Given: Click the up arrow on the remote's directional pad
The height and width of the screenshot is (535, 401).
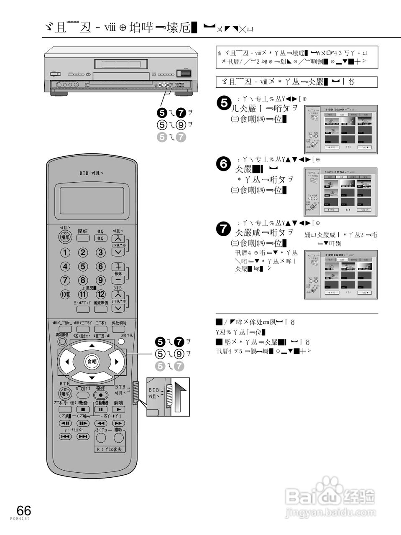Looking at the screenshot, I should coord(92,346).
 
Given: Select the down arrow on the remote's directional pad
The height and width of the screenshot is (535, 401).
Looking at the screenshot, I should coord(92,378).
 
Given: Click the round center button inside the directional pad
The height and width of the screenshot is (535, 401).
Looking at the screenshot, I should coord(92,362).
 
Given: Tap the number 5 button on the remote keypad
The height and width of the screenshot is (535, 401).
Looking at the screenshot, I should coord(83,266).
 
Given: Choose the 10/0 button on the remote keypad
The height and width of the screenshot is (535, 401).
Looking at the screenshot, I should coord(66,294).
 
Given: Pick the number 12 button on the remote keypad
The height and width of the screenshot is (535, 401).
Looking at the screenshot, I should coord(101,294).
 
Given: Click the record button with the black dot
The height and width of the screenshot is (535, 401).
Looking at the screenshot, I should coord(101,395).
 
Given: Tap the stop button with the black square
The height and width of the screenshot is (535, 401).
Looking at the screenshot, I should coord(83,409).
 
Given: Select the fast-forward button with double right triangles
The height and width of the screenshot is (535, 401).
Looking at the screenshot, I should coord(119,423).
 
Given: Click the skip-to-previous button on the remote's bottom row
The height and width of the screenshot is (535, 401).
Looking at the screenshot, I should coord(65,436).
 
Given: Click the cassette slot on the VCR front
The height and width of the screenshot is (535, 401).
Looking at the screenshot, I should coord(121,64).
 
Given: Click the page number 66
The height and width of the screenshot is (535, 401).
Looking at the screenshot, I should coord(24,510).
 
